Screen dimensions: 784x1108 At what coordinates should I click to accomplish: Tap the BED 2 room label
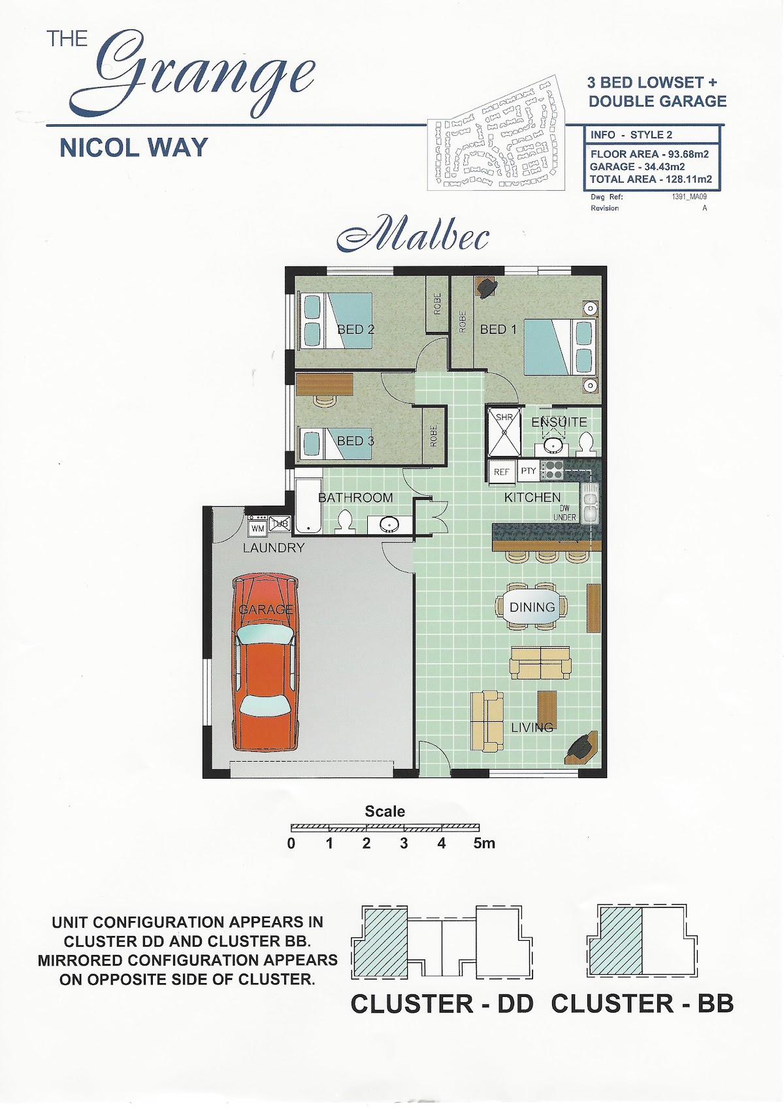[355, 329]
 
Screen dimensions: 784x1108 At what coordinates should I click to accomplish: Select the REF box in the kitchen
[502, 472]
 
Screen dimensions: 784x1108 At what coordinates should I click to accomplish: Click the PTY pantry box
[529, 470]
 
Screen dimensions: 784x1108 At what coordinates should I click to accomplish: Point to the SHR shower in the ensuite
[504, 431]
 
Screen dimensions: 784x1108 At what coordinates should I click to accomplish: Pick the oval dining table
[532, 606]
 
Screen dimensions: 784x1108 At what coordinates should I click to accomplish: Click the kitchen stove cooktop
[552, 470]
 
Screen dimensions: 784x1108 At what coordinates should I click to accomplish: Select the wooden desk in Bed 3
[325, 384]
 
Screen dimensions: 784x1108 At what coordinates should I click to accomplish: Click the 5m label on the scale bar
[483, 843]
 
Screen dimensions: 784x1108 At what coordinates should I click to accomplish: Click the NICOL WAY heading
[133, 148]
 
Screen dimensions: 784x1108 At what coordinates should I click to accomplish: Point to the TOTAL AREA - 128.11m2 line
[651, 179]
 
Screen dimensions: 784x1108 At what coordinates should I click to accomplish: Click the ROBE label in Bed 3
[434, 436]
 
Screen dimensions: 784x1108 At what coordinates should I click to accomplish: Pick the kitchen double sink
[589, 503]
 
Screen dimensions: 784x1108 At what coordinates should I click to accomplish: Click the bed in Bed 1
[559, 347]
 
